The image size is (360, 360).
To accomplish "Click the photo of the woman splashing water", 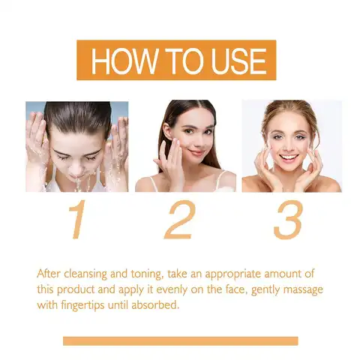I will pyautogui.click(x=76, y=146).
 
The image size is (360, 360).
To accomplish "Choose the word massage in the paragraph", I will pyautogui.click(x=302, y=289).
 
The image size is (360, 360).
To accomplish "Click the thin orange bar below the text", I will pyautogui.click(x=180, y=341).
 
